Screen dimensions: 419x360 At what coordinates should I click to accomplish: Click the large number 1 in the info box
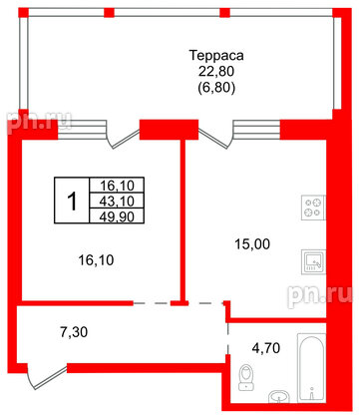coord(71,200)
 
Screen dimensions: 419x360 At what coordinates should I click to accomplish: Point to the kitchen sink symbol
coord(312,262)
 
